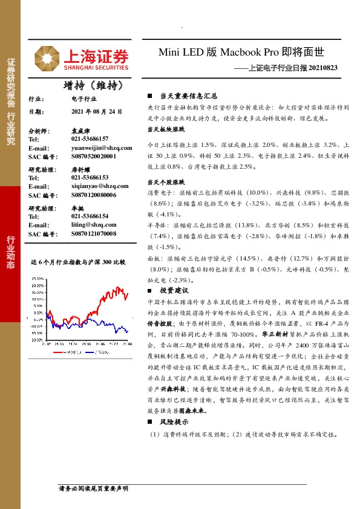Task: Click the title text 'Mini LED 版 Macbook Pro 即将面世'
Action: coord(248,53)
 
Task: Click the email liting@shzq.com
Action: coord(94,224)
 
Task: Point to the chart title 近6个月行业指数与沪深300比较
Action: coord(77,262)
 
